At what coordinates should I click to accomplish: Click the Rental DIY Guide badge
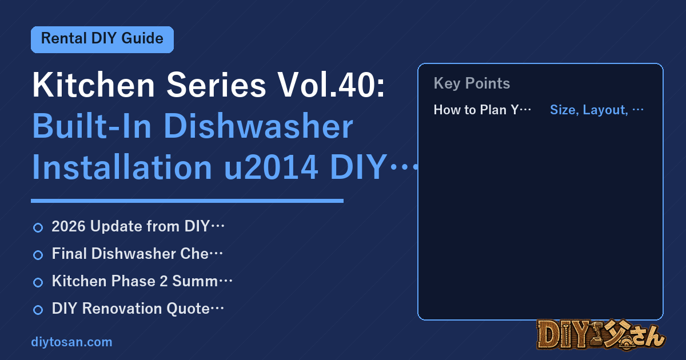point(102,39)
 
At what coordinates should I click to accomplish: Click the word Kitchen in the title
point(93,85)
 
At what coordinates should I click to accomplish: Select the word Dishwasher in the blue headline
point(258,126)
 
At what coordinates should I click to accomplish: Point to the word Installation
point(122,167)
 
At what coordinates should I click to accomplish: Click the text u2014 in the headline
point(271,167)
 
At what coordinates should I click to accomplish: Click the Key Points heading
point(472,83)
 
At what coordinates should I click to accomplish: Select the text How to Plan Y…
point(482,110)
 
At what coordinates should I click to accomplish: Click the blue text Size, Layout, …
point(597,110)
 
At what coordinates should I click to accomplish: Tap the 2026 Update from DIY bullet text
point(138,226)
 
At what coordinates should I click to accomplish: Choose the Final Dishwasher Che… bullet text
point(137,254)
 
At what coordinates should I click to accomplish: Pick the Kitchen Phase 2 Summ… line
point(142,281)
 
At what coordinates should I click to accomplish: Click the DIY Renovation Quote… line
point(138,309)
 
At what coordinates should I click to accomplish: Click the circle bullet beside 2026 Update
point(38,228)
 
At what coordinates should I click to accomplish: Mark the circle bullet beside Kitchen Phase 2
point(38,282)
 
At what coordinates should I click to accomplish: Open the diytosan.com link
point(71,342)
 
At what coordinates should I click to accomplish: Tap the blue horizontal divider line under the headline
point(187,201)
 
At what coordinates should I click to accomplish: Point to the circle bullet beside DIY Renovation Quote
point(38,310)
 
